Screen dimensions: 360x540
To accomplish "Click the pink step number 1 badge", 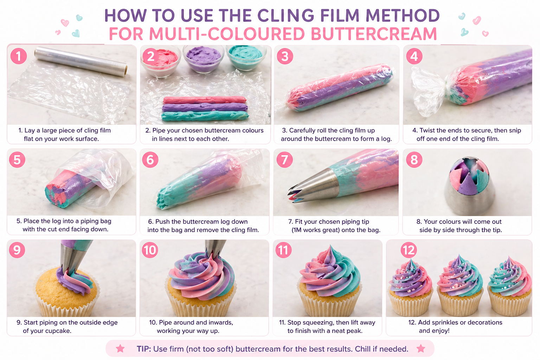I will point(19,56).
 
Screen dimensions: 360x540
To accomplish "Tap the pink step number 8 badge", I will point(414,160).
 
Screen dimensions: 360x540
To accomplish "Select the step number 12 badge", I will point(409,250).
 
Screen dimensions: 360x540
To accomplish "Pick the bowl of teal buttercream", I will point(246,56).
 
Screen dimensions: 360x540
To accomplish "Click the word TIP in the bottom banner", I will point(143,349).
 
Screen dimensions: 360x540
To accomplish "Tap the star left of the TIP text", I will point(120,348).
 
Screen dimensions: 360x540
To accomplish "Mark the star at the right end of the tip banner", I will point(421,348).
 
